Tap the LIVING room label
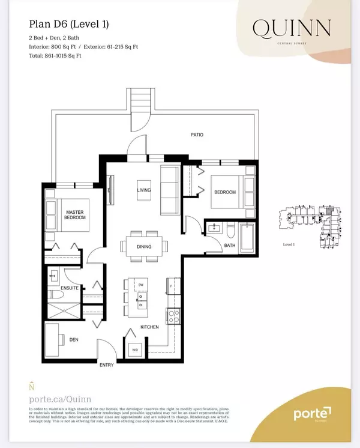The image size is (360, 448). pyautogui.click(x=143, y=190)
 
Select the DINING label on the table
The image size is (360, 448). pyautogui.click(x=143, y=247)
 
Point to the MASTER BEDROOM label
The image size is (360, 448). pyautogui.click(x=76, y=216)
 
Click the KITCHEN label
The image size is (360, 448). pyautogui.click(x=150, y=327)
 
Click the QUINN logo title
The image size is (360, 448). pyautogui.click(x=292, y=28)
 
